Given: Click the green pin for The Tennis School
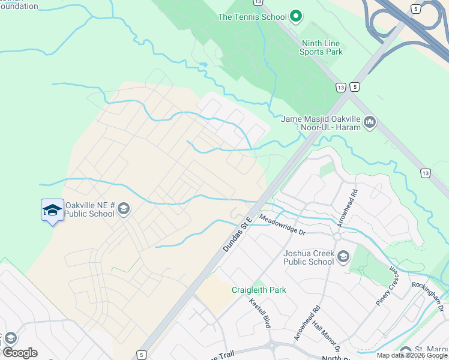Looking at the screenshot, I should pos(295,16).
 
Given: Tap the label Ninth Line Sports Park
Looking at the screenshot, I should pos(321,47).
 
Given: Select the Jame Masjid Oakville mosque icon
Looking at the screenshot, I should pos(370,123).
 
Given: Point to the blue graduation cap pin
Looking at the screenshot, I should pos(52,210).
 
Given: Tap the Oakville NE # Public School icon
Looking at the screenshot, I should pos(124,208).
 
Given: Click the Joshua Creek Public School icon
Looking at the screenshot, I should pos(343,257).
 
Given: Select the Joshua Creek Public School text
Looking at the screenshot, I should pos(309,257).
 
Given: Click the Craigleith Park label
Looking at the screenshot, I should pos(259,290).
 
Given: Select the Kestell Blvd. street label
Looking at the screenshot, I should pos(261,313).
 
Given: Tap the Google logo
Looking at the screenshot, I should pos(20,352).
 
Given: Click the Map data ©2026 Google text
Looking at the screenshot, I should pos(412,355).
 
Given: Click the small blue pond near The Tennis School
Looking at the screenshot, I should pos(203,64).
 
